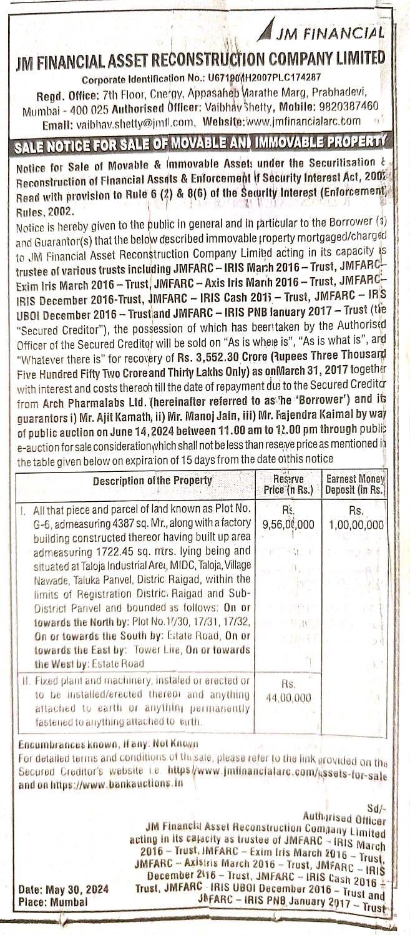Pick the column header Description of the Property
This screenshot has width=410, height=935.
tap(153, 481)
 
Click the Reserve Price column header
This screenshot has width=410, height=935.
tap(288, 484)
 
